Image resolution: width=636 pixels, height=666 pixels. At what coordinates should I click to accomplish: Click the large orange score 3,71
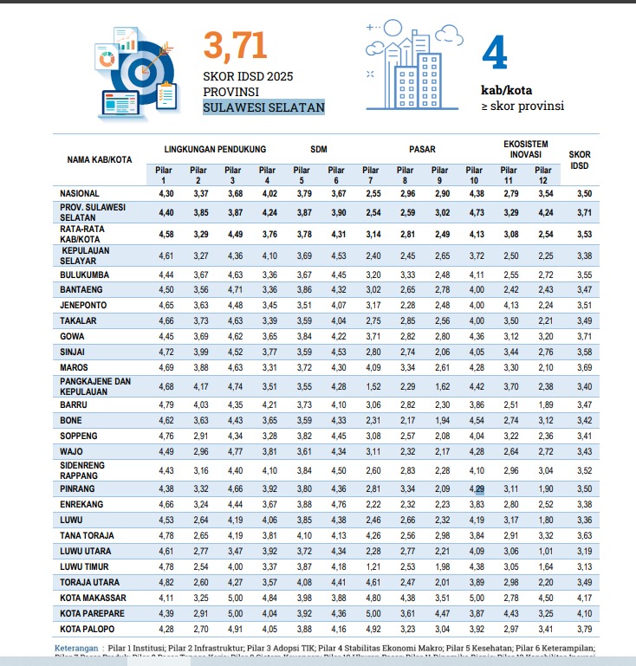(235, 47)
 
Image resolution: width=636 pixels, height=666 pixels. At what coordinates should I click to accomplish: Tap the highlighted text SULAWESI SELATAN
(263, 107)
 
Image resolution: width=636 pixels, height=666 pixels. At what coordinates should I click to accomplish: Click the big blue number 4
(494, 54)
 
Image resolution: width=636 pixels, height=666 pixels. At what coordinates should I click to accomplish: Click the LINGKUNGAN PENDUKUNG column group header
(215, 149)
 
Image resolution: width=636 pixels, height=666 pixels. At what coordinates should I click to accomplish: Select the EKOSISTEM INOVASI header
(526, 148)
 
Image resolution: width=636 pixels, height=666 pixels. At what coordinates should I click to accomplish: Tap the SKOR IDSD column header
(580, 159)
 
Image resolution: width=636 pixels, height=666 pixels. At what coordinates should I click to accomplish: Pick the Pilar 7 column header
(371, 175)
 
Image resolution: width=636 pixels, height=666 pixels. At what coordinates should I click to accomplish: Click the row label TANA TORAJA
(88, 536)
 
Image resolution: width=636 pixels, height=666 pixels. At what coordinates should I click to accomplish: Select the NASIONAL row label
(81, 192)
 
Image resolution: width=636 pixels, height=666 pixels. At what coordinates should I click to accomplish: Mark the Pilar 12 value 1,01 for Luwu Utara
(543, 552)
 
